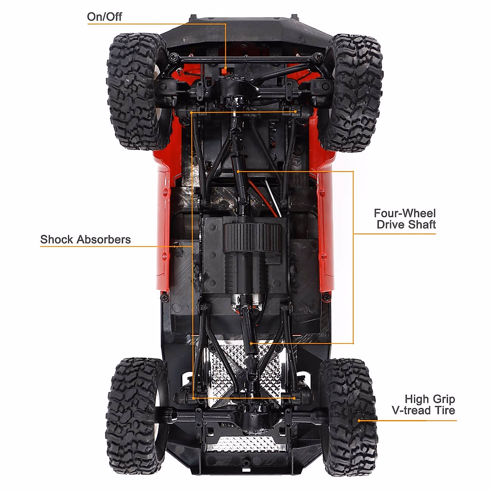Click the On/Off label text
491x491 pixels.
pos(104,17)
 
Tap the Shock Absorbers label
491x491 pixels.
pos(85,239)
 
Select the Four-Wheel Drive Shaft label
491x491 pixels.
pos(404,219)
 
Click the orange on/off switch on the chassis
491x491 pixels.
pos(225,70)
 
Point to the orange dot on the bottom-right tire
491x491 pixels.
pos(360,420)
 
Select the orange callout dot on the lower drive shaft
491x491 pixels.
pos(250,343)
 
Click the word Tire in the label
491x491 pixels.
pos(444,410)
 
